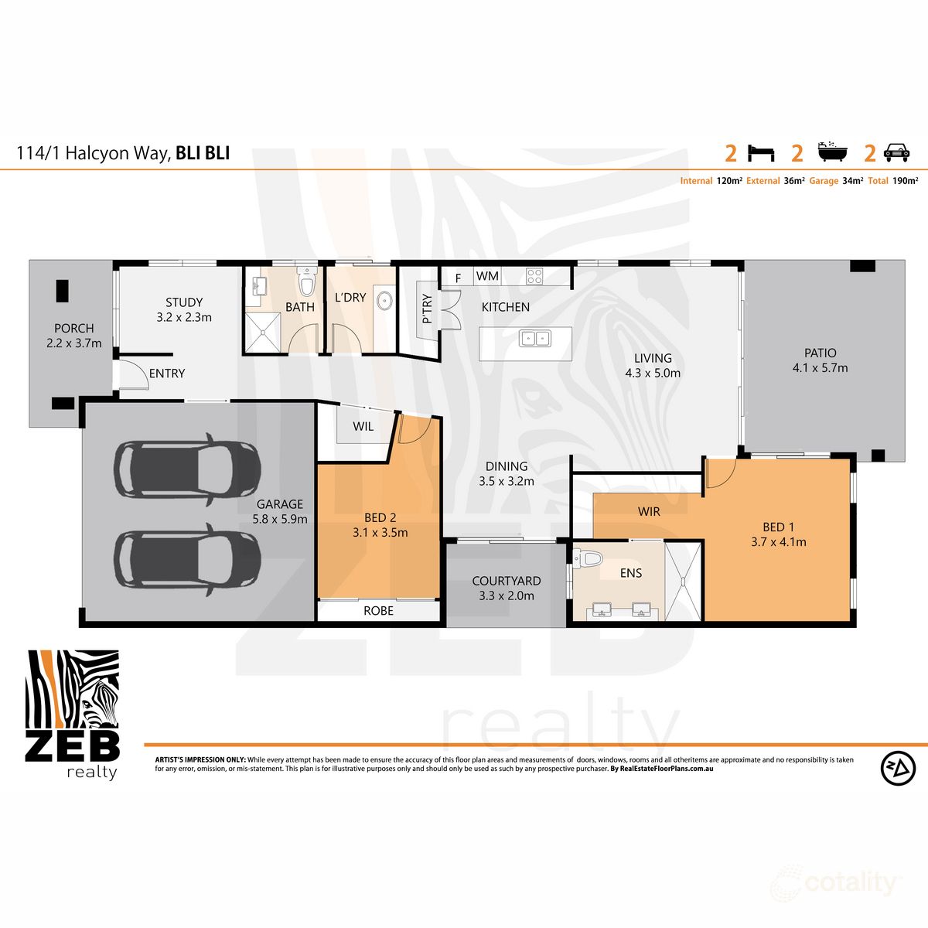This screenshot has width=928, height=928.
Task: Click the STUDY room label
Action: tap(184, 302)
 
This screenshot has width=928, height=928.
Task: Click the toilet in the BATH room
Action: tap(307, 284)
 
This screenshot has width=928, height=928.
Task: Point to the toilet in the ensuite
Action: tap(589, 558)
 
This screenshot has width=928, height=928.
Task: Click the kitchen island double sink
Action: tap(534, 338)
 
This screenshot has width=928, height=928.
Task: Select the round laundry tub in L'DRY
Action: tap(383, 300)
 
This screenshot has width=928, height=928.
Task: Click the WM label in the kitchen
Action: tap(487, 276)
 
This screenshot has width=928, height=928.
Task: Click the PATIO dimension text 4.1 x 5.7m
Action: tap(820, 368)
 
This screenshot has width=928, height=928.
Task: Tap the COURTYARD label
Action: tap(507, 581)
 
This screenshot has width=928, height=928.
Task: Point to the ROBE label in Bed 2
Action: tap(378, 611)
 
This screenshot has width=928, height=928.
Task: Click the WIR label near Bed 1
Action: tap(649, 512)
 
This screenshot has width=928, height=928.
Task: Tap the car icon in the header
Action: tap(896, 152)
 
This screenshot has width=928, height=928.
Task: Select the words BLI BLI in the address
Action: tap(203, 153)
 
